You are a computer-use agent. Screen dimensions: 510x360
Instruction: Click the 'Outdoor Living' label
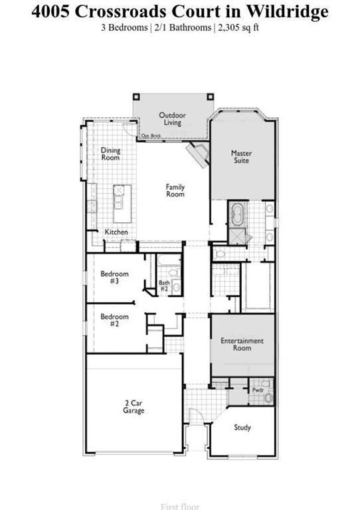[x=172, y=119]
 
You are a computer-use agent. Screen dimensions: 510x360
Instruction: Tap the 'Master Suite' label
[x=241, y=157]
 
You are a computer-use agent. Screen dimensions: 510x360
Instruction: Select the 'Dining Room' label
[x=110, y=154]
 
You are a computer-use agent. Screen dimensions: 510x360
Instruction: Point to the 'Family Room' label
[x=175, y=191]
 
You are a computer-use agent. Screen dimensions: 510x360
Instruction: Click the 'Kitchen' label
[x=116, y=232]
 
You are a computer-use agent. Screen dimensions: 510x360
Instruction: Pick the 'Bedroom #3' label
[x=114, y=278]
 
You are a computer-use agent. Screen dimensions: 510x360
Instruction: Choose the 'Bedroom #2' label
[x=114, y=321]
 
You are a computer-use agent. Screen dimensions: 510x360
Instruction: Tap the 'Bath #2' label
[x=164, y=286]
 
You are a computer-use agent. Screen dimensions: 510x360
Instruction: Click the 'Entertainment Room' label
[x=242, y=344]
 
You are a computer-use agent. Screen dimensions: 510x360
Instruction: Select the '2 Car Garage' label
[x=134, y=407]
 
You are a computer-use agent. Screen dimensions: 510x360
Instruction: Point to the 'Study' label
[x=242, y=428]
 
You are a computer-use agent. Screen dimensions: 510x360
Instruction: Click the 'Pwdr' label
[x=258, y=390]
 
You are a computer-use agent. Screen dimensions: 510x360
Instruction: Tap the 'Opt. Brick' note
[x=151, y=136]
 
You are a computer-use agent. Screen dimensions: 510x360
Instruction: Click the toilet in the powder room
[x=268, y=398]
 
